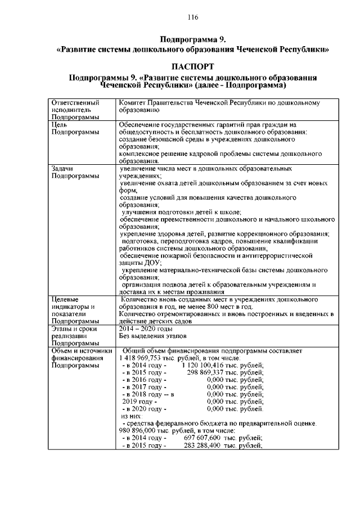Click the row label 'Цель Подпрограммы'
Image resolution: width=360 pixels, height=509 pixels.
pos(75,128)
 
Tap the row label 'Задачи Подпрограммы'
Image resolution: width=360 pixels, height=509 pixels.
pos(75,172)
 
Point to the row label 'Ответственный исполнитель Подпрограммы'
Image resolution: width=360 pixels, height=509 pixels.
pos(75,110)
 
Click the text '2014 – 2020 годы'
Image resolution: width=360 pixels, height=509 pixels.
pos(146,328)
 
